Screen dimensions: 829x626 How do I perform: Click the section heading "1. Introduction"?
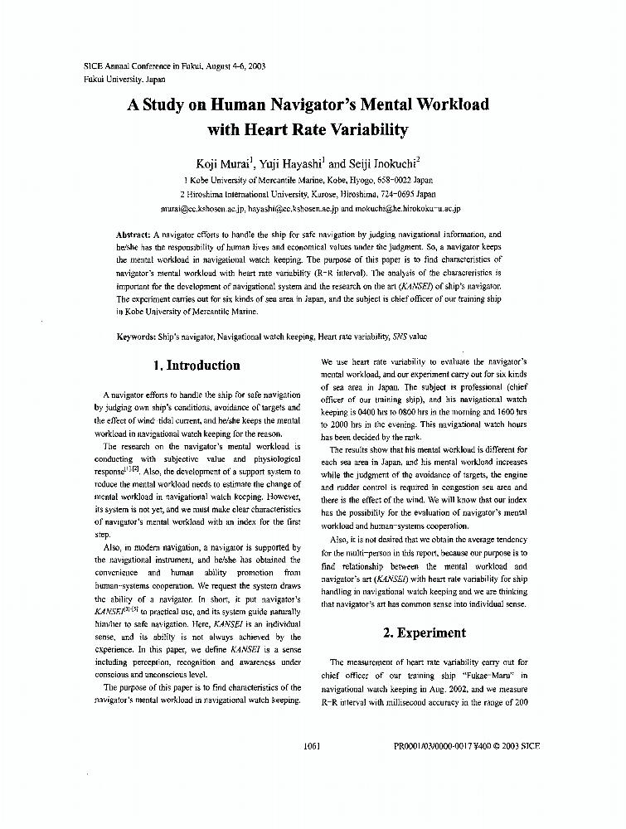pos(197,366)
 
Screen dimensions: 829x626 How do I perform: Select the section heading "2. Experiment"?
pos(424,633)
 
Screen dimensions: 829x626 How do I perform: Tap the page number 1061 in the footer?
pos(312,746)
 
